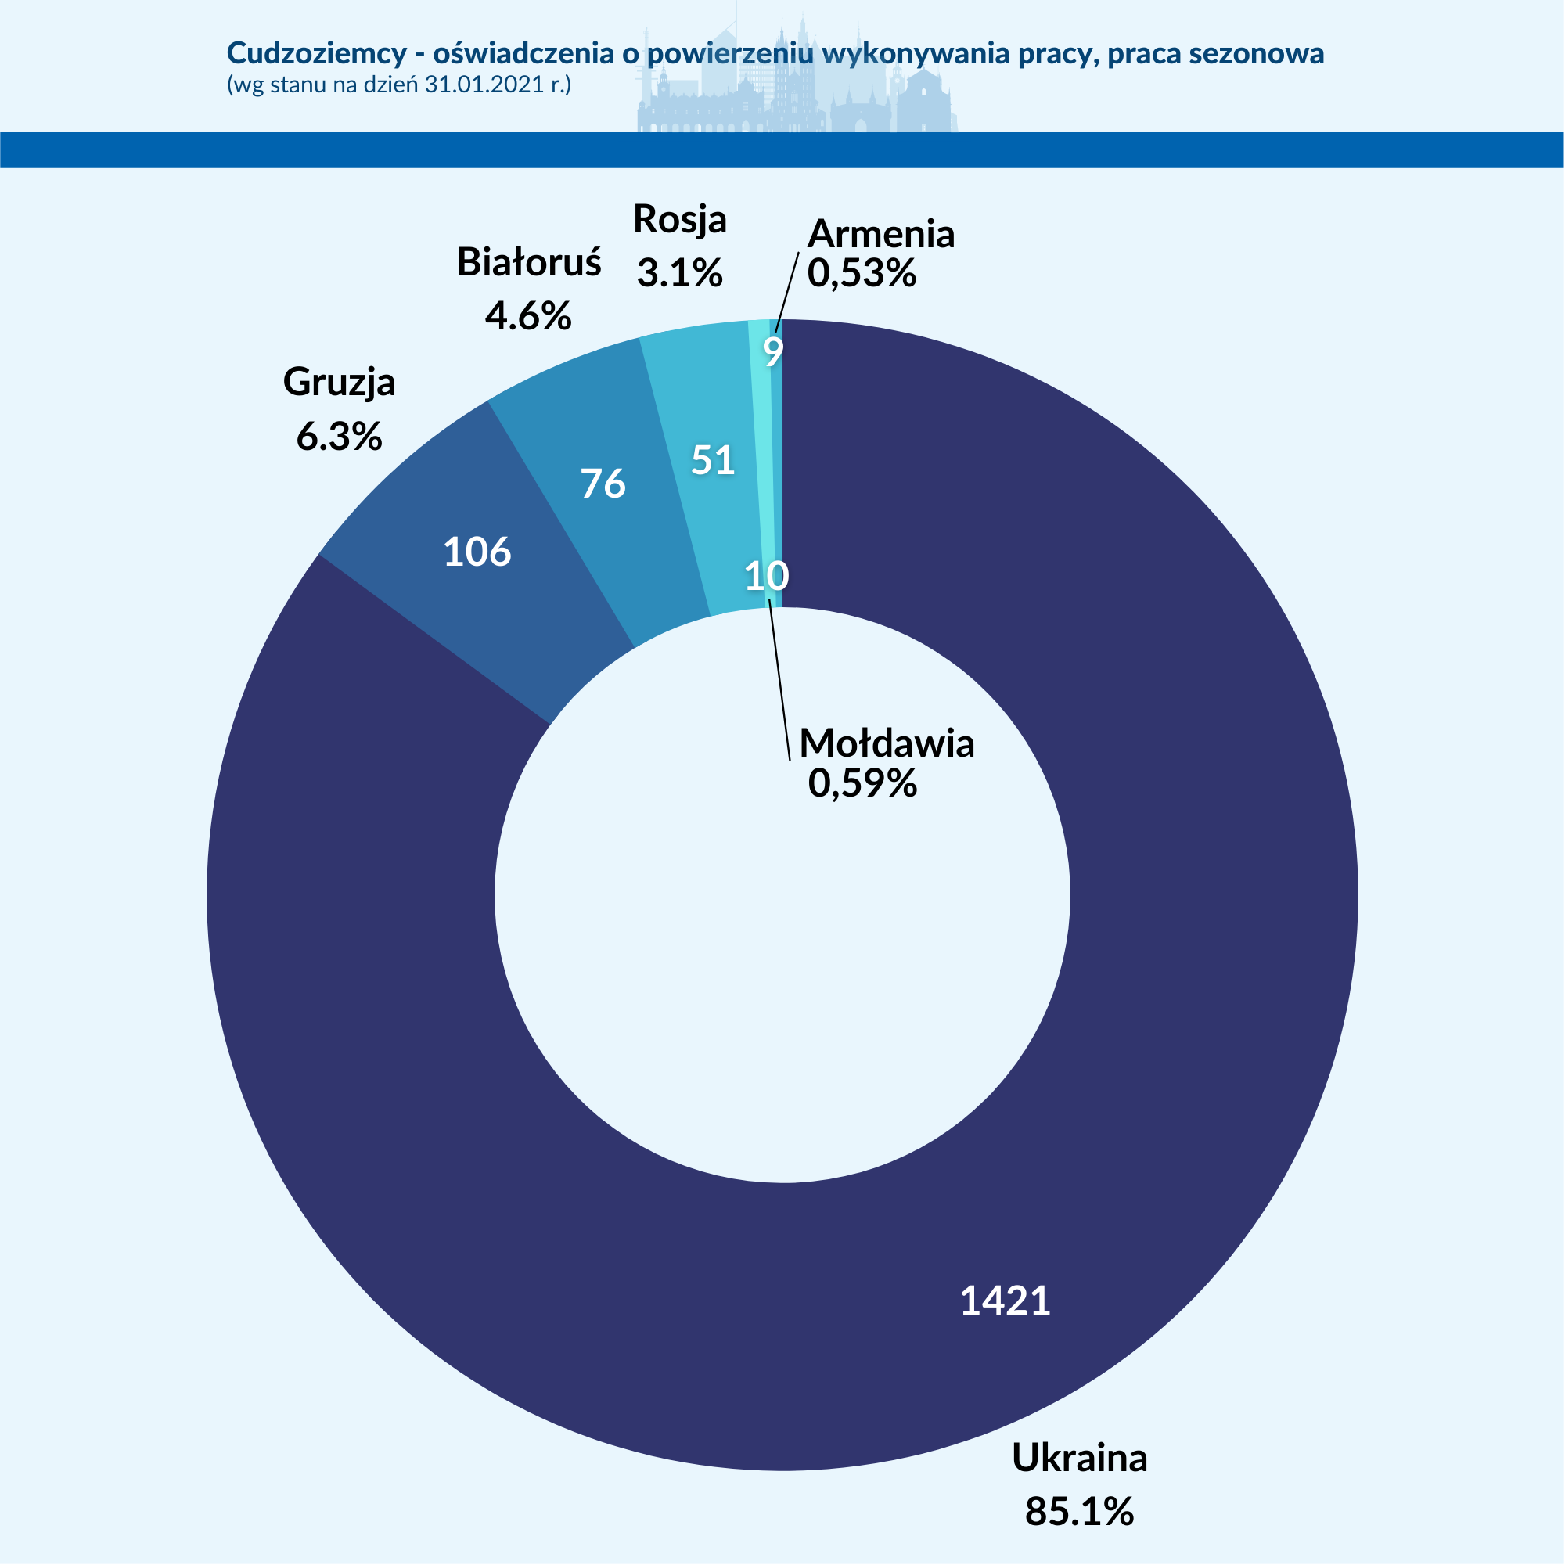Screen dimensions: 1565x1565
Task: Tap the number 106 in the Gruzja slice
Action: (477, 552)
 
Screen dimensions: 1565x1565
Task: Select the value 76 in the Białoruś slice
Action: (603, 484)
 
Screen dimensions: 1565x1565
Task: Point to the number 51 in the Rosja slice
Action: (713, 460)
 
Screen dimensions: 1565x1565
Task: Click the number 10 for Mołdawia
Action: (766, 576)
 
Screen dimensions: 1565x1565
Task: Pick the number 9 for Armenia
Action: (774, 351)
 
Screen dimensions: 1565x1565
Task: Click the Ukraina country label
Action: (1079, 1458)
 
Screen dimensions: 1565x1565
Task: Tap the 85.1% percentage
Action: (1079, 1512)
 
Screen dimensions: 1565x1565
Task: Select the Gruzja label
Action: (339, 383)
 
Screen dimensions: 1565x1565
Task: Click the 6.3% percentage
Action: (339, 437)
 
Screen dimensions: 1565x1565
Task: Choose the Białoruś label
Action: (529, 261)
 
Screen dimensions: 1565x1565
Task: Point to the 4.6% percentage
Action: (528, 315)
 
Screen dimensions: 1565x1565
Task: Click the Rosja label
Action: (680, 220)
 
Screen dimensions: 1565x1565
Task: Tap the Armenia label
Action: (880, 234)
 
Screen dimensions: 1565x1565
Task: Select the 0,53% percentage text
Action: (862, 273)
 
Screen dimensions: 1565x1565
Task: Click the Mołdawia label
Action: (887, 743)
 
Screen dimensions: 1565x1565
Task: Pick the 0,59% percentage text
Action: (862, 782)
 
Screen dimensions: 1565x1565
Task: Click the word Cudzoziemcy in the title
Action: (317, 53)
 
